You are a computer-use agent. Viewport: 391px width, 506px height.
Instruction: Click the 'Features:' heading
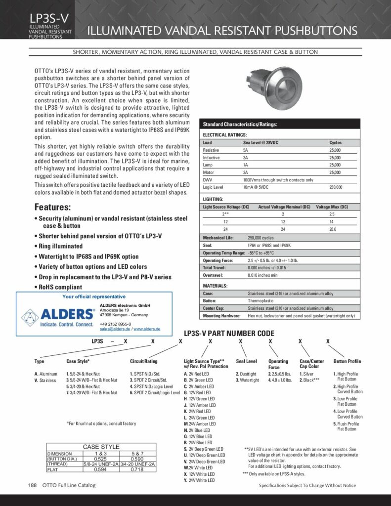tap(52, 207)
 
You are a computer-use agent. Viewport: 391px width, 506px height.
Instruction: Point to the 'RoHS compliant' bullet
tap(59, 287)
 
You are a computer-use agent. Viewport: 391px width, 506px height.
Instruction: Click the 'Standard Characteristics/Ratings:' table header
tap(240, 124)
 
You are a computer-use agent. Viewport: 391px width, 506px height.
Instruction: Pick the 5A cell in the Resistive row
tap(246, 150)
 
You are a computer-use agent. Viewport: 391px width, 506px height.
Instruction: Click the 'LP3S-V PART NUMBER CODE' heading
tap(229, 334)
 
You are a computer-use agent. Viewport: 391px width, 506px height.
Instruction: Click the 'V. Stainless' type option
tap(45, 380)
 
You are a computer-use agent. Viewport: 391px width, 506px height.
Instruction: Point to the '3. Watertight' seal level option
tap(247, 380)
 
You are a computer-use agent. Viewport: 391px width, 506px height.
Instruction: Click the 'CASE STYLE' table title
tap(101, 447)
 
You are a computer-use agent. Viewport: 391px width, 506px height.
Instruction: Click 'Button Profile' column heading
tap(347, 361)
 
